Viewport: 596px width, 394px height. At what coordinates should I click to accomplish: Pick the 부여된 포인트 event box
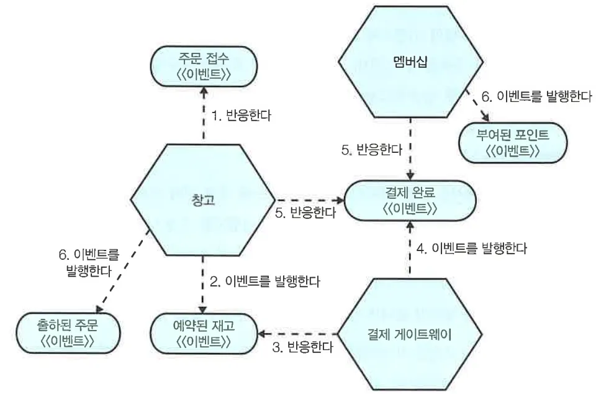pyautogui.click(x=505, y=142)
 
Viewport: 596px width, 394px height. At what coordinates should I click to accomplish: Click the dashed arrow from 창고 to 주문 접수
pyautogui.click(x=204, y=116)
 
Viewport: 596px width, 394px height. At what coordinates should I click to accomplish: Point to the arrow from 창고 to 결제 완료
pyautogui.click(x=309, y=200)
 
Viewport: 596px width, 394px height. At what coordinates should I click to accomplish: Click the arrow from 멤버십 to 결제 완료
pyautogui.click(x=410, y=149)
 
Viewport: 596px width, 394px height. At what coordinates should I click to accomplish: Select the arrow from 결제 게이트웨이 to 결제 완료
pyautogui.click(x=410, y=249)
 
